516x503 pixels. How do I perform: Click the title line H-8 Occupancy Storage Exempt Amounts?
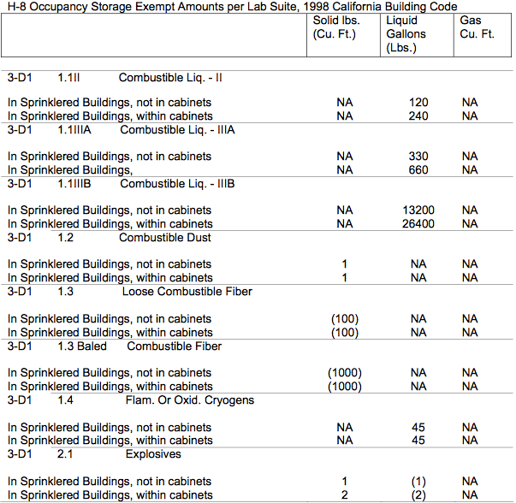tap(232, 8)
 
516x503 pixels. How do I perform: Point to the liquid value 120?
tap(418, 103)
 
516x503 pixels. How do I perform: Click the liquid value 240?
tap(418, 116)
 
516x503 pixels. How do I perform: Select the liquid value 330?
tap(418, 157)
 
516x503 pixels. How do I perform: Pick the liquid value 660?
tap(418, 170)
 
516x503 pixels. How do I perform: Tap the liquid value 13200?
tap(418, 210)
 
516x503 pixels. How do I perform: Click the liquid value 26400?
tap(418, 224)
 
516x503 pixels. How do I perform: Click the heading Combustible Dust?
tap(165, 237)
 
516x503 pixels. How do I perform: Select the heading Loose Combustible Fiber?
tap(187, 291)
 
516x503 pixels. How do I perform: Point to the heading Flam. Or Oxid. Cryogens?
tap(187, 399)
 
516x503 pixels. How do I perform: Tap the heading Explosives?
tap(153, 453)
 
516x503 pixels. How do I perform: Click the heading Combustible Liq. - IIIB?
tap(177, 183)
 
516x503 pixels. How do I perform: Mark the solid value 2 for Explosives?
tap(344, 495)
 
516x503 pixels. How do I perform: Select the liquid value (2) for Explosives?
tap(418, 495)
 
